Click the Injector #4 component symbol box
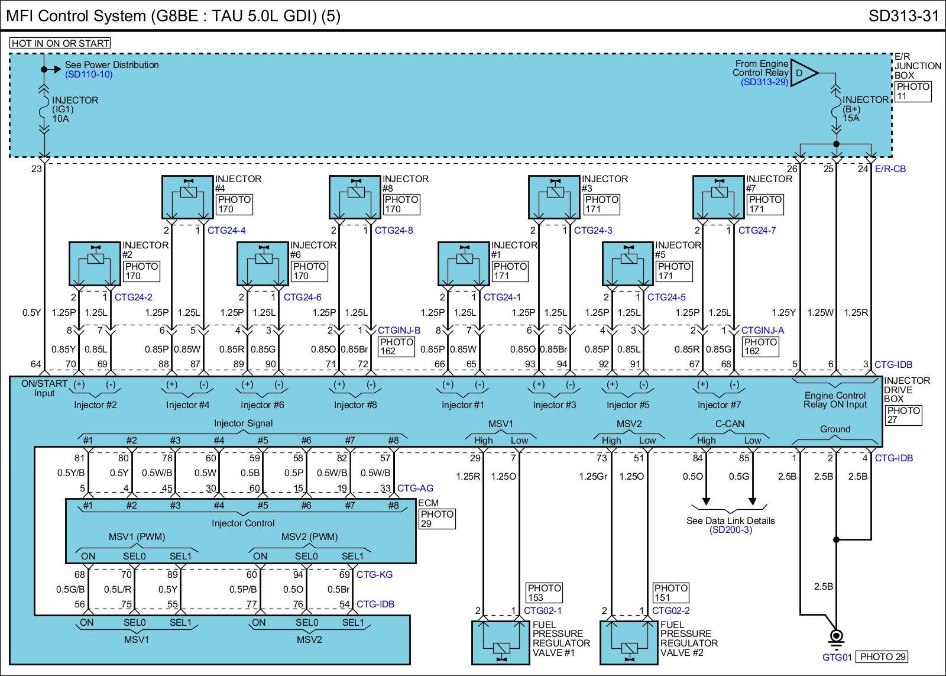pos(187,197)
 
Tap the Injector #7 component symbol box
pos(718,197)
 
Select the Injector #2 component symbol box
pos(95,264)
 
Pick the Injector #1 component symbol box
pos(464,264)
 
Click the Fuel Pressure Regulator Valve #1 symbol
pos(501,642)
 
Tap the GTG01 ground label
pos(837,657)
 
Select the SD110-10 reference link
pos(89,75)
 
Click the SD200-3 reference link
pos(730,530)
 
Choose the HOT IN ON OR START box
pos(60,43)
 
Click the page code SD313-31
pos(903,15)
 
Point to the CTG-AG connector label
pos(415,489)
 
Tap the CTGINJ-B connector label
pos(399,331)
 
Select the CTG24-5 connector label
pos(666,297)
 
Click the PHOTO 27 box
pos(903,415)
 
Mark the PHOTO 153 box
pos(544,593)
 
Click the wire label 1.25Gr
pos(593,476)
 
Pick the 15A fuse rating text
pos(851,118)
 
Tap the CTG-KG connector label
pos(374,574)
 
